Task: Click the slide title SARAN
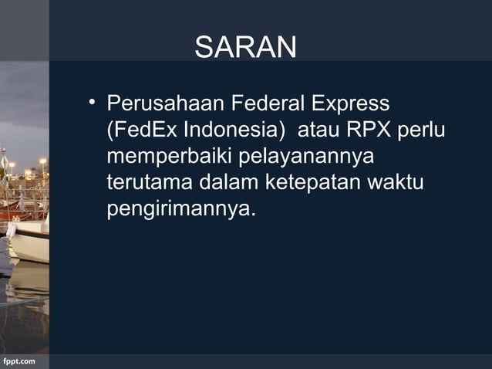(245, 48)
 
